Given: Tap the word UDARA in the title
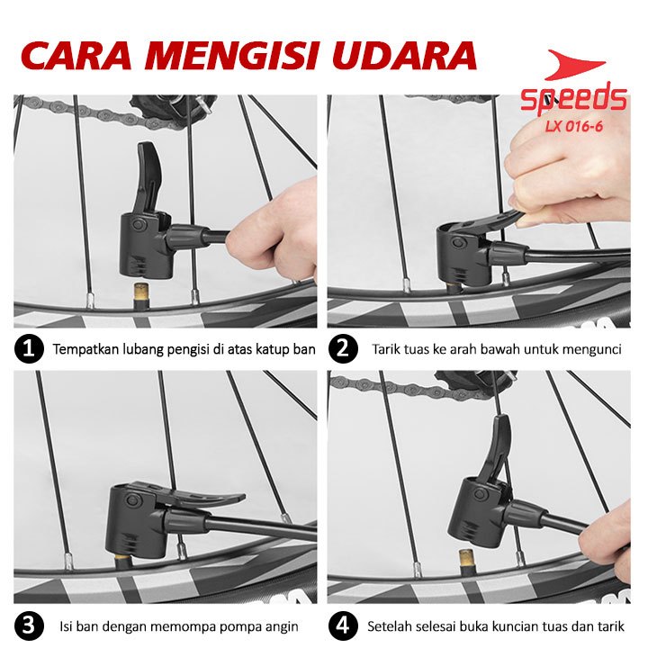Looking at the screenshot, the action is (x=404, y=55).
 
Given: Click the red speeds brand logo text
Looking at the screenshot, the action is (x=573, y=100).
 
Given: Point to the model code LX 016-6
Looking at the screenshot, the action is (x=573, y=126).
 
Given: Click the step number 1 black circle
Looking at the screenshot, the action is (x=29, y=348).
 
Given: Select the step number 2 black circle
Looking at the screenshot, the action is (x=343, y=348).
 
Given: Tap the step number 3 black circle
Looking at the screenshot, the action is (x=29, y=625).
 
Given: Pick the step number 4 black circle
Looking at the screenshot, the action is (x=343, y=625).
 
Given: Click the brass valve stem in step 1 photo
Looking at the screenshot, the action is (x=139, y=294).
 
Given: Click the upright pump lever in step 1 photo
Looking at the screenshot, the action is (x=150, y=177).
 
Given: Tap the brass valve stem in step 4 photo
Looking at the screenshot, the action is (x=467, y=562).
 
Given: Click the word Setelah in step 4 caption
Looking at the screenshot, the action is (x=387, y=626).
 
